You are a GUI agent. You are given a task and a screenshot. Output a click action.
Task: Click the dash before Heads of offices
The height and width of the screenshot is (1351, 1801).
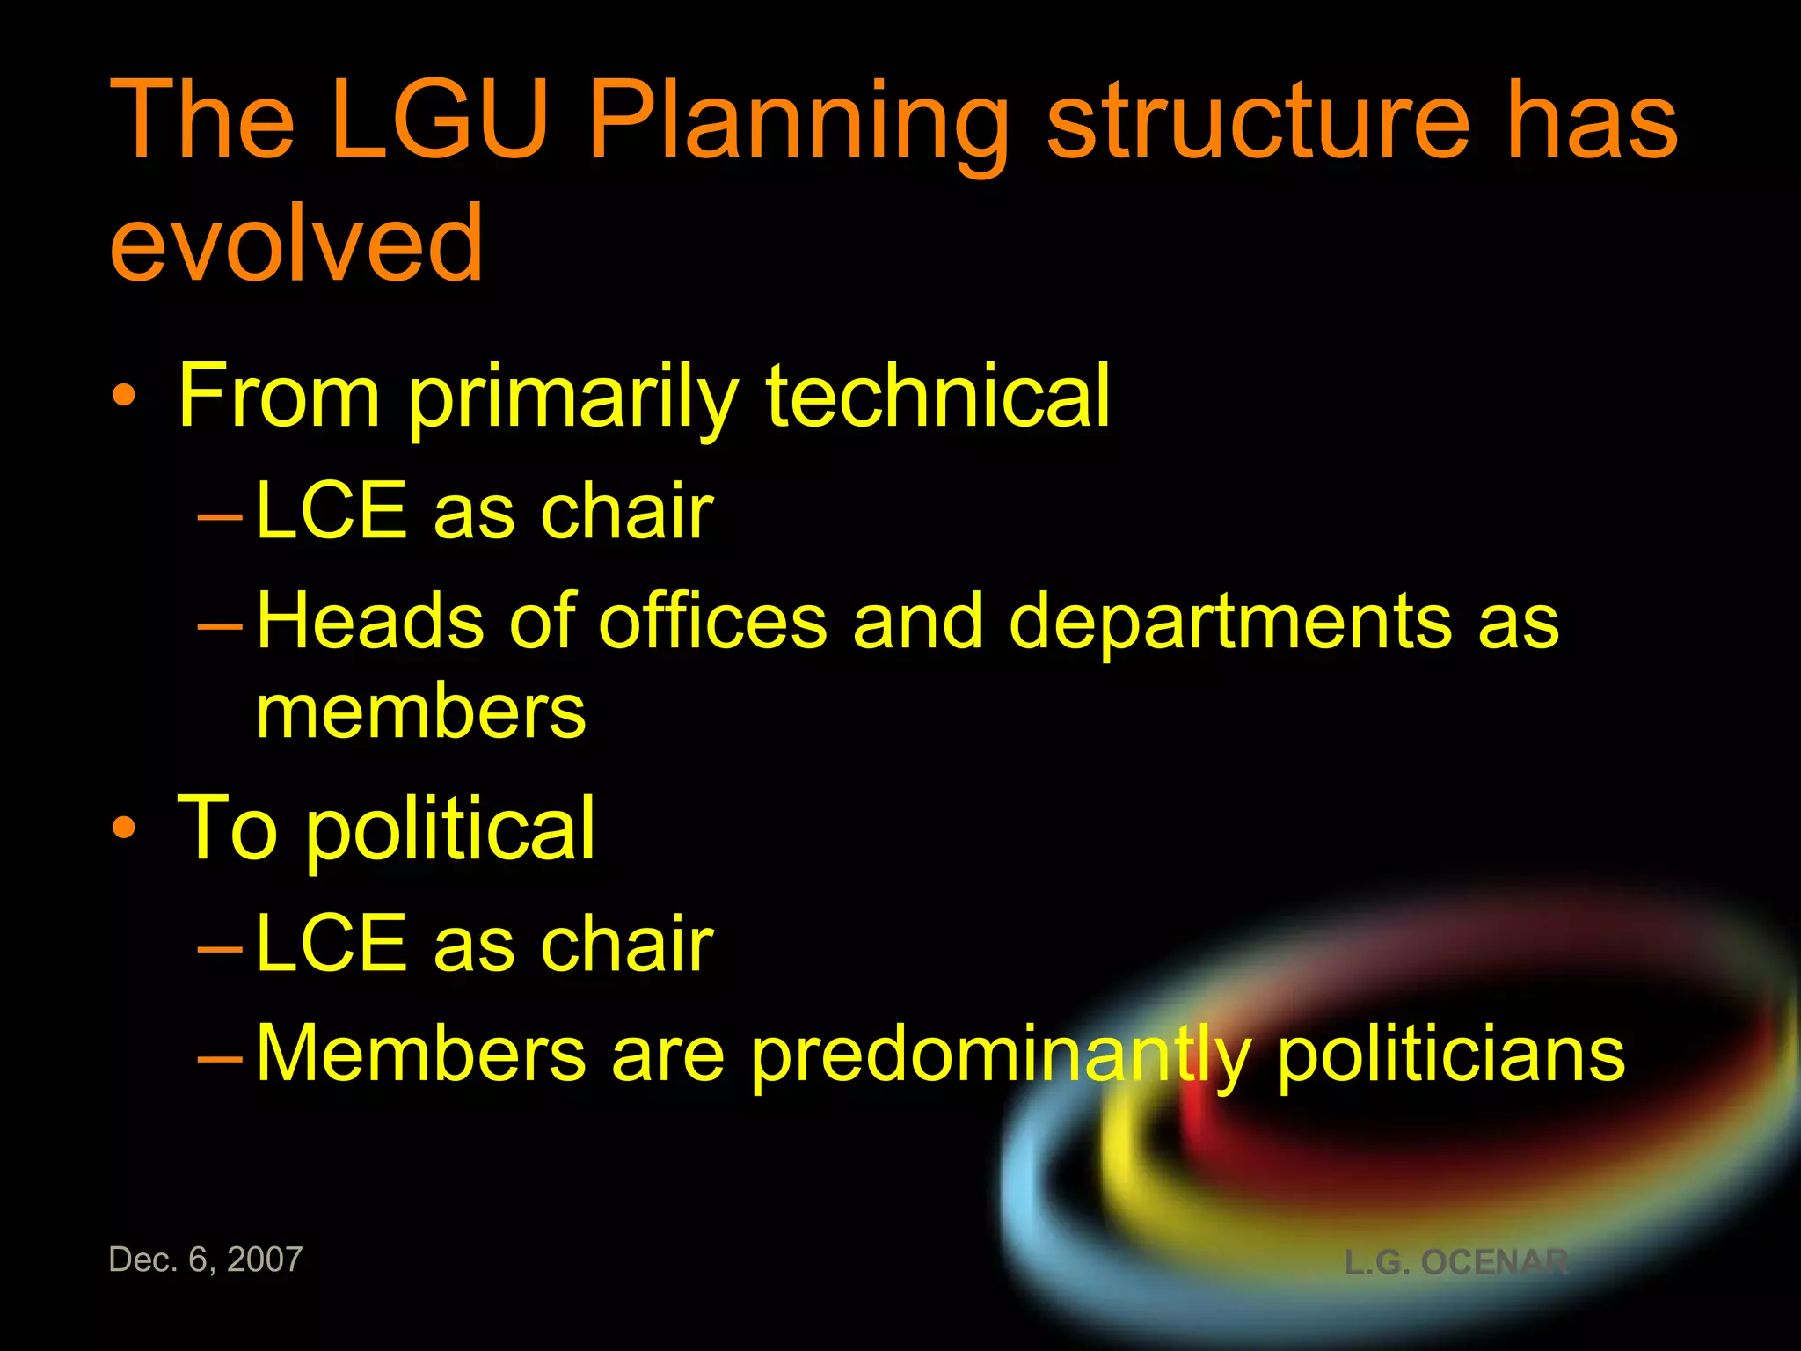220,625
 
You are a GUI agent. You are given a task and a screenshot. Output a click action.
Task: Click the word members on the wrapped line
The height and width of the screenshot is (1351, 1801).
420,712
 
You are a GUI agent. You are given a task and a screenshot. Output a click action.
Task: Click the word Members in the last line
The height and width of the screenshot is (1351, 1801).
420,1053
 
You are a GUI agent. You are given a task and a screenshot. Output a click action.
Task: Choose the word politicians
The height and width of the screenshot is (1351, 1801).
1450,1053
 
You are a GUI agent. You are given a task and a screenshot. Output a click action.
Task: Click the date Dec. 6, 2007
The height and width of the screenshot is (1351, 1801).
206,1260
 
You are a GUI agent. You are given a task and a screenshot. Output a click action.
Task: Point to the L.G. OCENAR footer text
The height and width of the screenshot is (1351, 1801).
1456,1262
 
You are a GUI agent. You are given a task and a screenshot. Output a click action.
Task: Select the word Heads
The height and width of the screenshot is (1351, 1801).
370,621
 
